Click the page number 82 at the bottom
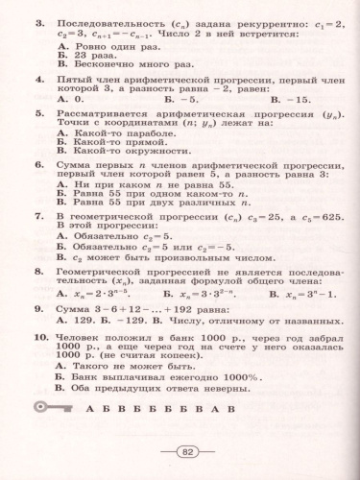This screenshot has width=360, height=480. click(188, 450)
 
